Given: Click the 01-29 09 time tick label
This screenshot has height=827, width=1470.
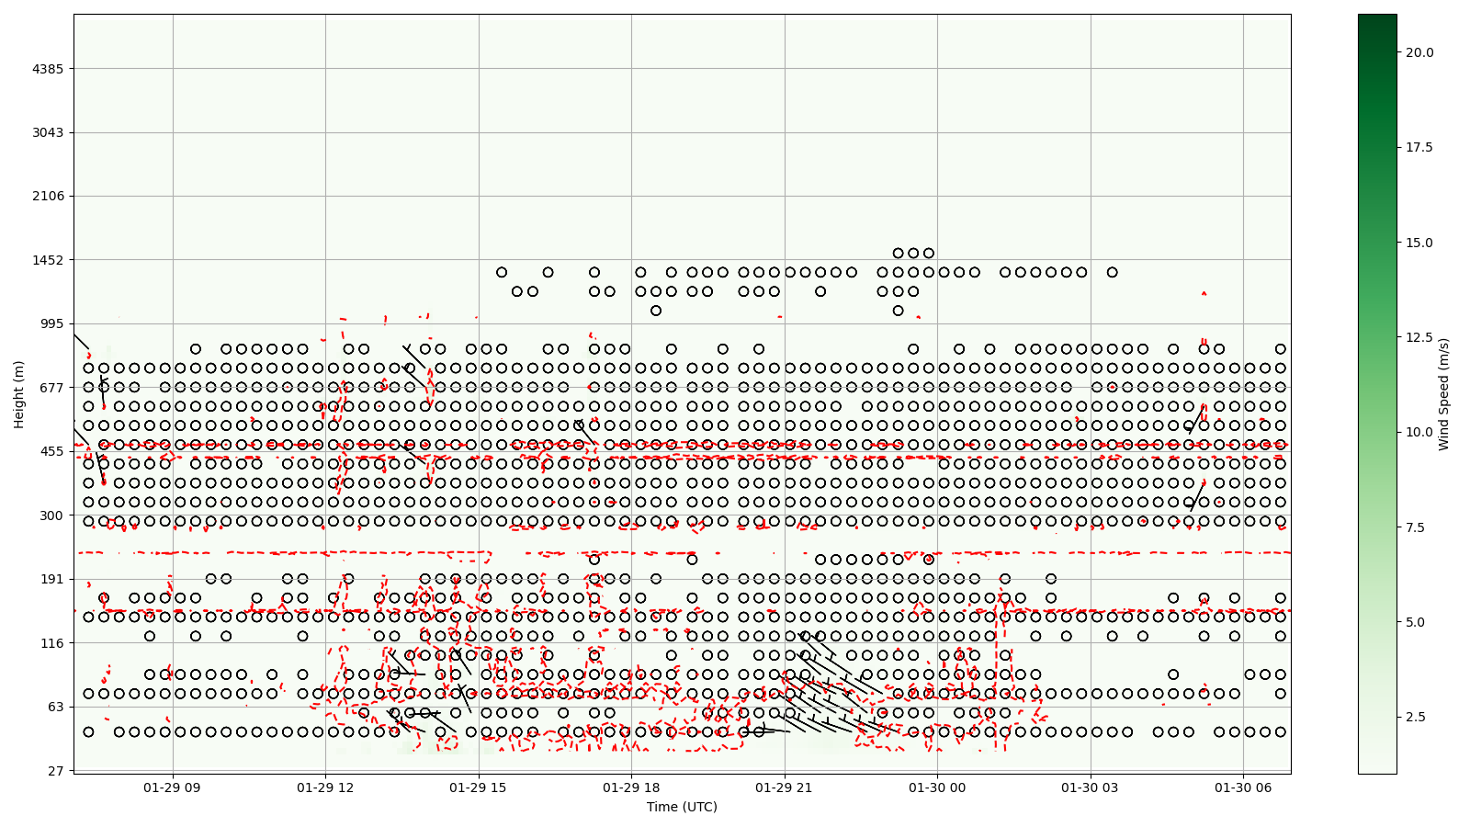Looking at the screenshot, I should click(172, 787).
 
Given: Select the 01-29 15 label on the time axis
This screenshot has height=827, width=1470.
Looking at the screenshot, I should click(479, 787).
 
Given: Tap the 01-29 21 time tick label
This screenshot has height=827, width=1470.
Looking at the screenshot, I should click(785, 787).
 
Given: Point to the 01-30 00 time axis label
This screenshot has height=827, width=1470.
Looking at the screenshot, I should click(938, 787).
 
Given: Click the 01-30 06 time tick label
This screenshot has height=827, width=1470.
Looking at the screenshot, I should click(1244, 787).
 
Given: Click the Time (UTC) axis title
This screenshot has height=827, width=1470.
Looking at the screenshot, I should click(682, 807).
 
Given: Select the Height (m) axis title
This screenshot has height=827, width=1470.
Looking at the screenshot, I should click(19, 394).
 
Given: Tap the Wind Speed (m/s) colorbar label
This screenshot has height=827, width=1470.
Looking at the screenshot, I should click(1443, 394).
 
